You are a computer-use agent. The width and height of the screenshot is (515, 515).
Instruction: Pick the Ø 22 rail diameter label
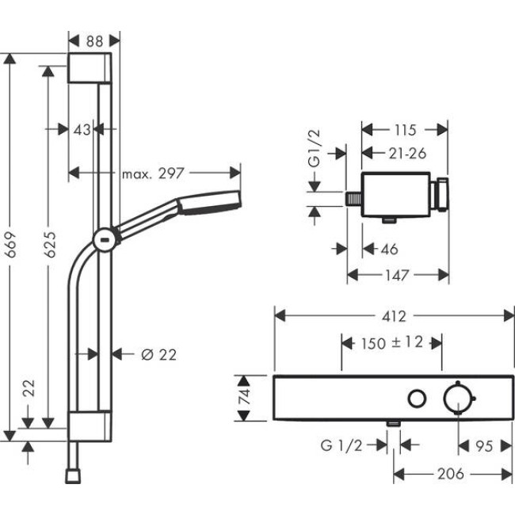pyautogui.click(x=158, y=354)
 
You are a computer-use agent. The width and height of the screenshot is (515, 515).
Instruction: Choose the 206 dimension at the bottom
pyautogui.click(x=451, y=474)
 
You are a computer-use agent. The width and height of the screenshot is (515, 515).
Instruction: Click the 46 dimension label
pyautogui.click(x=389, y=250)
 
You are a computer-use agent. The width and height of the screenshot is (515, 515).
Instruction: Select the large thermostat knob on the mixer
pyautogui.click(x=459, y=397)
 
